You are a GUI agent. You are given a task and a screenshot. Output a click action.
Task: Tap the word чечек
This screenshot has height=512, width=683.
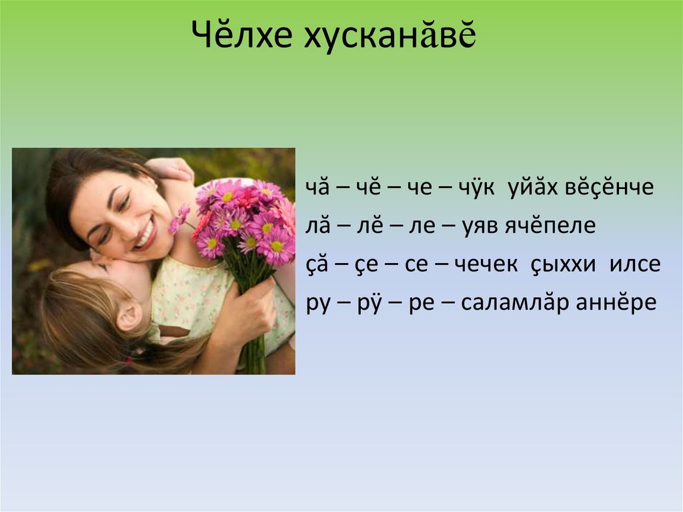pyautogui.click(x=486, y=265)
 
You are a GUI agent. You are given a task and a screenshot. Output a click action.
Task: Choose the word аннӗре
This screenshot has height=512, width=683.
pyautogui.click(x=620, y=303)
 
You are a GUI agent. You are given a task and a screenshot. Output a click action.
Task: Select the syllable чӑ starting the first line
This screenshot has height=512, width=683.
pyautogui.click(x=316, y=189)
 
